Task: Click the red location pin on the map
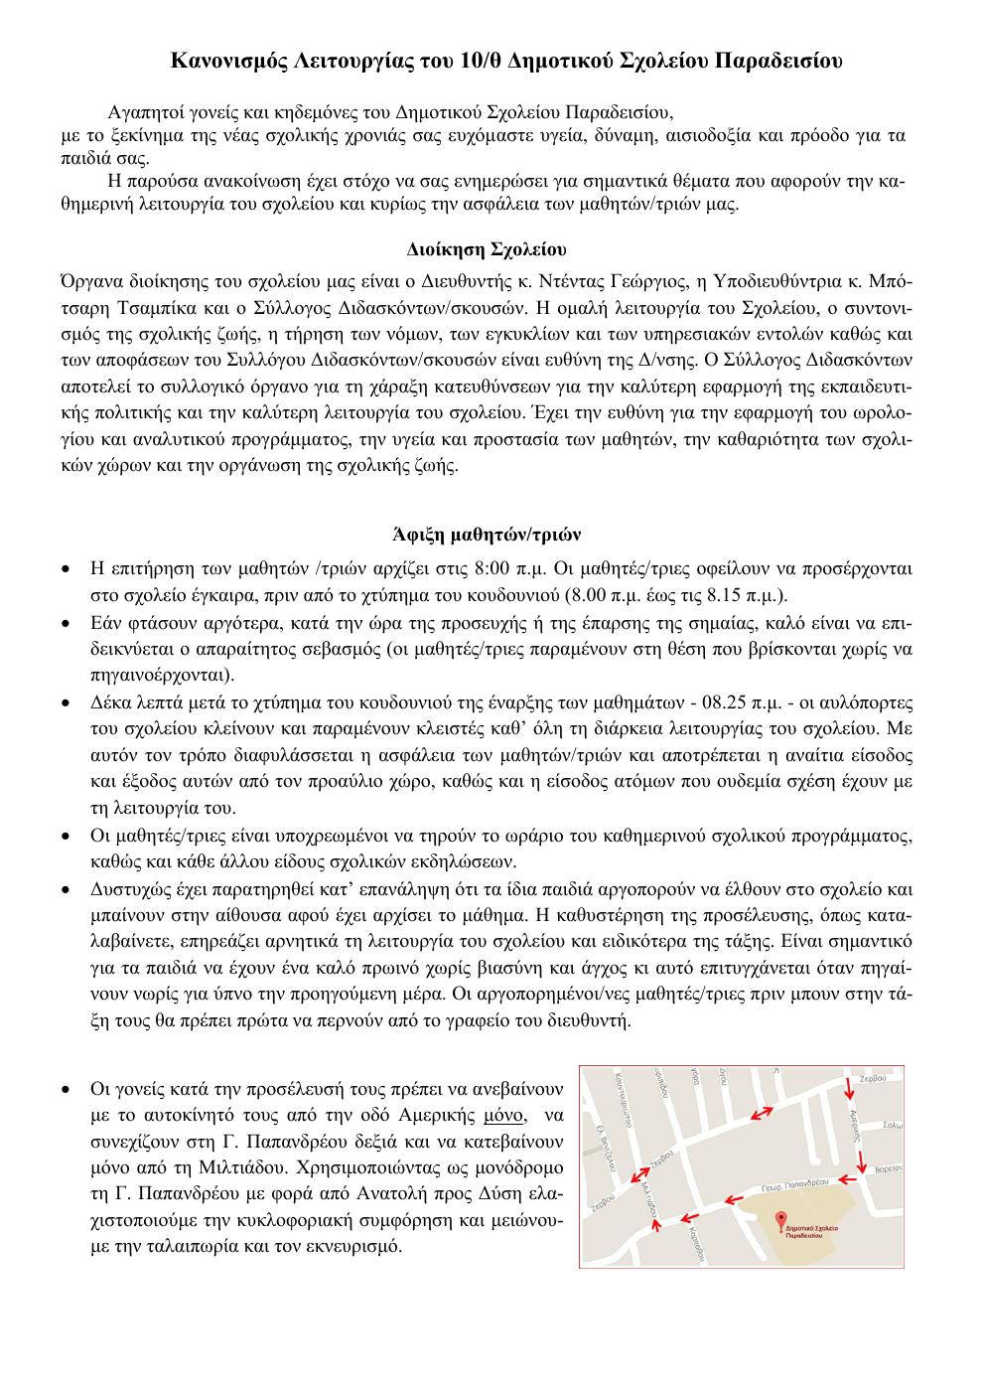(x=779, y=1218)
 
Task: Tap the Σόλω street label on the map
(x=892, y=1126)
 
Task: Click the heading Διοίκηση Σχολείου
(x=487, y=246)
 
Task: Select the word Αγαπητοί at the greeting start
(x=140, y=110)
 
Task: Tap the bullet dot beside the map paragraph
(x=66, y=1090)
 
